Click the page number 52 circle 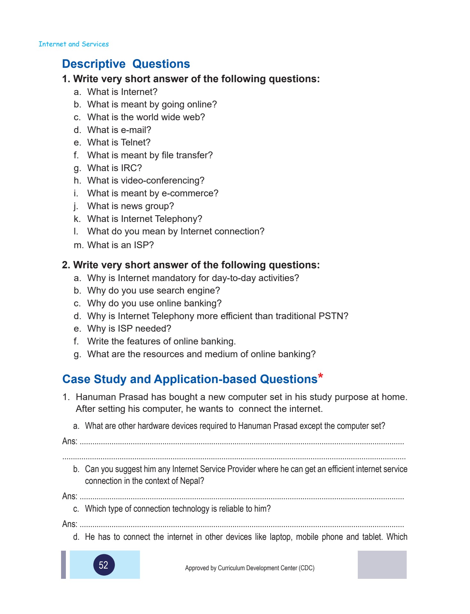coord(104,565)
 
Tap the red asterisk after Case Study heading coord(320,376)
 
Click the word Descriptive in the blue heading coord(94,64)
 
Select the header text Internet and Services coord(74,44)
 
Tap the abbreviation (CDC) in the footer coord(306,568)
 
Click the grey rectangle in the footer coord(382,564)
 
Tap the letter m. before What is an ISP coord(78,245)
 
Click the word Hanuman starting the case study coord(96,397)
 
